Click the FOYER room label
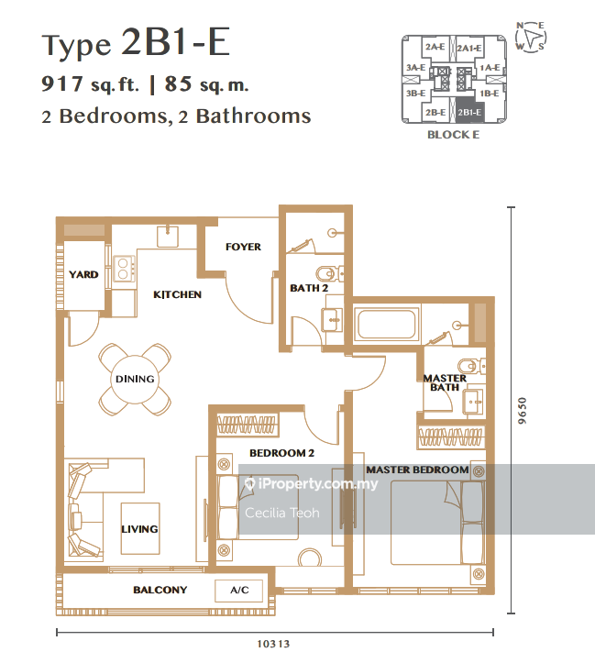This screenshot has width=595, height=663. pos(243,247)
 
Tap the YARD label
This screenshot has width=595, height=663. pos(83,274)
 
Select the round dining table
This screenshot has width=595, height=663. pos(136,380)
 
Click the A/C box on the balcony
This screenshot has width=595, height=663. pos(239,590)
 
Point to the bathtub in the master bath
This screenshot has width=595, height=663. pos(387,325)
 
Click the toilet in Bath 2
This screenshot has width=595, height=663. pos(330,274)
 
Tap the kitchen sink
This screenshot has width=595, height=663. pos(168,237)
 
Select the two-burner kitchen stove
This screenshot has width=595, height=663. pos(124,269)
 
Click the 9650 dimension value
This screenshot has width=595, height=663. pos(523,411)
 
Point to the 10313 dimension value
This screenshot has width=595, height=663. pos(273,644)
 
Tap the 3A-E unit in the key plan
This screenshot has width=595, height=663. pos(416,68)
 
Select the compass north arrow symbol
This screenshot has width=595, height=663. pos(531,38)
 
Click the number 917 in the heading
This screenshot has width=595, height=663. pos(62,83)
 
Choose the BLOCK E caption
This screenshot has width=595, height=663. pos(454,135)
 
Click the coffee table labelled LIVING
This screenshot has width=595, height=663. pos(140,528)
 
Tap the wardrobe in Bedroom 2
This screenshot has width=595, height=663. pos(248,425)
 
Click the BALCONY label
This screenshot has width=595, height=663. pos(160,590)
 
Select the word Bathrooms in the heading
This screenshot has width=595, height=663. pos(254,116)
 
